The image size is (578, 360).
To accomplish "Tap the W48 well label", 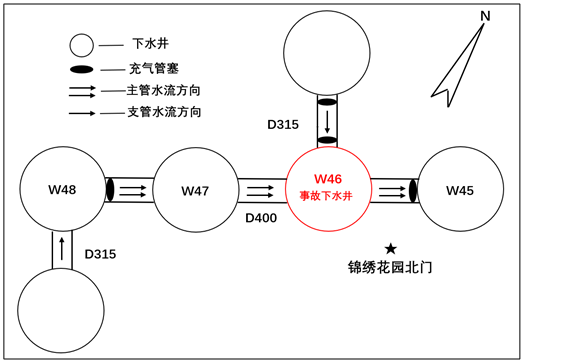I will (62, 189).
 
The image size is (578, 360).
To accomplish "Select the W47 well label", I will (195, 190).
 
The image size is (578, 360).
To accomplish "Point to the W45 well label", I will (460, 190).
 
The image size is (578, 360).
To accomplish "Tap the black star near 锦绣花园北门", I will (390, 248).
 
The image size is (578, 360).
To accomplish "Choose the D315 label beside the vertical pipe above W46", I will (283, 125).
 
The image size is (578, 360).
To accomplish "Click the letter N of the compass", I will (485, 16).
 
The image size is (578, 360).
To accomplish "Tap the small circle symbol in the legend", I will (81, 45).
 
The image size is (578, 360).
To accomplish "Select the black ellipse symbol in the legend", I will (81, 69).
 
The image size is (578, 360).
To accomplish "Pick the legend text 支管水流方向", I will (164, 112).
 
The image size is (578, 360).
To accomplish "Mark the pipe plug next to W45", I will (412, 189).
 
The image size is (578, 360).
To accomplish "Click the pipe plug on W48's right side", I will (110, 189).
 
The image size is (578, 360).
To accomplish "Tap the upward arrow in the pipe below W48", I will (62, 246).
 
